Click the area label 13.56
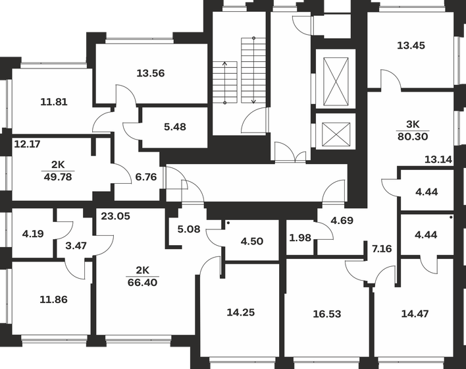pos(149,72)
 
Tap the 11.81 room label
pos(54,102)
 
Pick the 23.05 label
pos(115,214)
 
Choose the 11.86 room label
pos(53,298)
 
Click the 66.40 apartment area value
pos(142,281)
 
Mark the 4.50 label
pos(251,241)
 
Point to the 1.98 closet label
pos(300,238)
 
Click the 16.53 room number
pos(326,314)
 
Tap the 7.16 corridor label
pos(381,249)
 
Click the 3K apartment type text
pos(412,125)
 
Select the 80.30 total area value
pos(412,136)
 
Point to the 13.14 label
pos(438,159)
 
